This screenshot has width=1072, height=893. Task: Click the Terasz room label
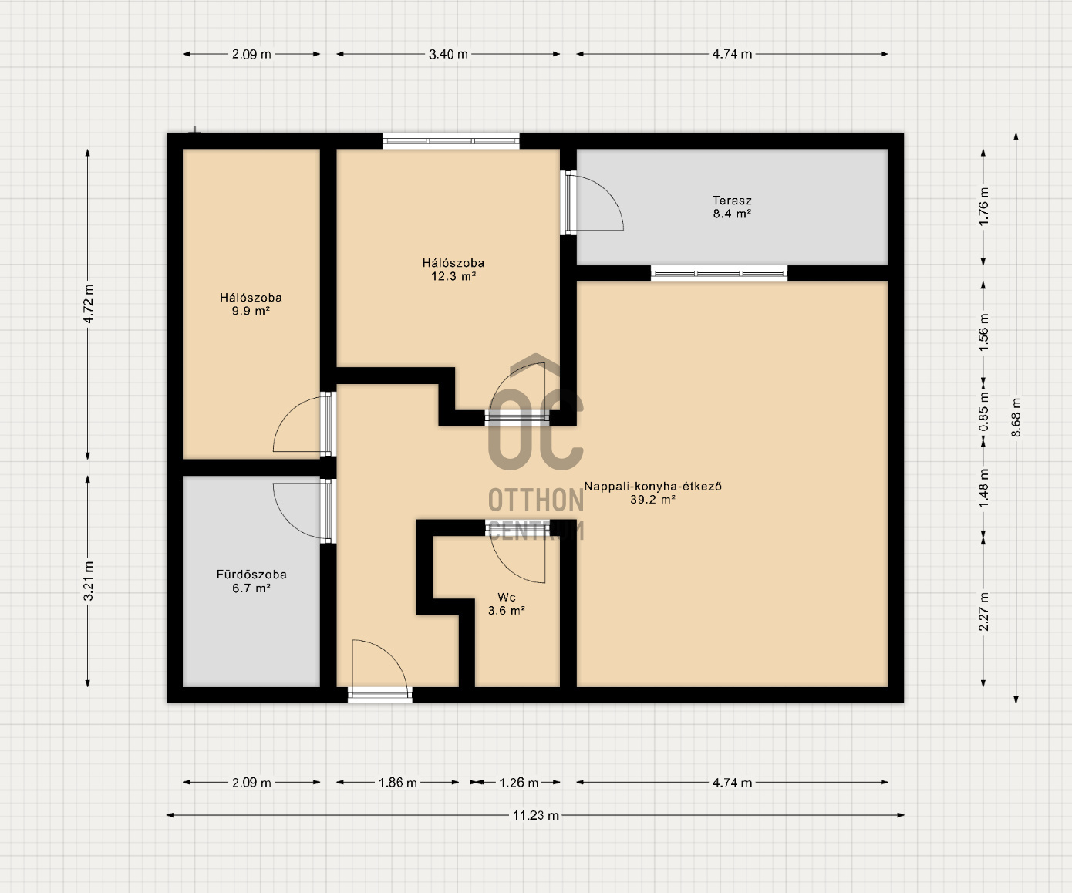732,201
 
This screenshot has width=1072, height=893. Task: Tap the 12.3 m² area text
453,276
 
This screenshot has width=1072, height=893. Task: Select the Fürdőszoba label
251,575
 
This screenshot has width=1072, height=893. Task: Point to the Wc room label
506,597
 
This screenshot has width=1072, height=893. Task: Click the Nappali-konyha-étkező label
653,486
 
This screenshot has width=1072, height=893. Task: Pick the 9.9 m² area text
251,311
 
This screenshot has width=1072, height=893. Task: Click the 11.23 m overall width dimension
535,815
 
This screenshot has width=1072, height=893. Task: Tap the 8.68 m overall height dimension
1016,417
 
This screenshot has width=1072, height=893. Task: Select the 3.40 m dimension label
448,54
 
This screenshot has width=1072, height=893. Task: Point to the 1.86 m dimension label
397,783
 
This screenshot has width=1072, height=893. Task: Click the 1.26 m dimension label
519,783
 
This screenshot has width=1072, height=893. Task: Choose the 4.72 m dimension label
89,304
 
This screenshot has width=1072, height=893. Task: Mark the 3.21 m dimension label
89,581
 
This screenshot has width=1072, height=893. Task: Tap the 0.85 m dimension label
983,412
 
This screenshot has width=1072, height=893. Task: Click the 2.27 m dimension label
983,612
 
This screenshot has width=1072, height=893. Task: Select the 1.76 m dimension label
983,207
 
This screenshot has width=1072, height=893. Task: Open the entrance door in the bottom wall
380,695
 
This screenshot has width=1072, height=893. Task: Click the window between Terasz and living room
720,273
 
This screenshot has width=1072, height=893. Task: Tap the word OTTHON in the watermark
536,500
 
